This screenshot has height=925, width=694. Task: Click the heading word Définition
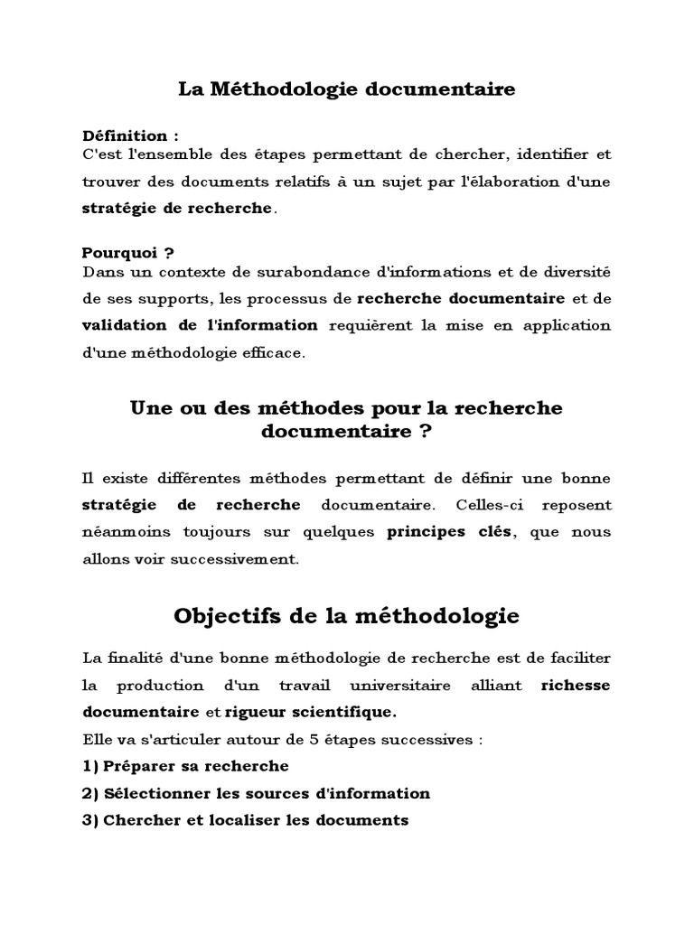pyautogui.click(x=118, y=135)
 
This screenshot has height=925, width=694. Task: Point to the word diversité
pyautogui.click(x=573, y=270)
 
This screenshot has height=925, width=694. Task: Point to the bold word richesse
pyautogui.click(x=576, y=685)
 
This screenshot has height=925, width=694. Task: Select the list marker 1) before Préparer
pyautogui.click(x=90, y=766)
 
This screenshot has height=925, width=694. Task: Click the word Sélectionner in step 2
pyautogui.click(x=157, y=793)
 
